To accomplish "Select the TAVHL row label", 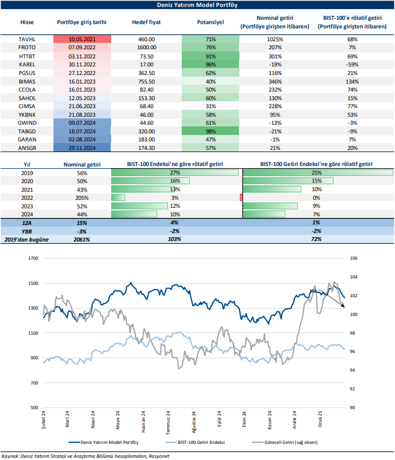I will pos(26,40).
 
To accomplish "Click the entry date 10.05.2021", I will pos(82,40).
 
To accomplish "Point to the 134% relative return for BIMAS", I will pos(352,81).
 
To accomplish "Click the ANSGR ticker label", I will pos(26,147).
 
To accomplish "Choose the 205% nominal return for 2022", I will pos(82,198).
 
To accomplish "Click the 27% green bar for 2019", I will pos(175,173).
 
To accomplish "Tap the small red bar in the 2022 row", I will pos(242,198).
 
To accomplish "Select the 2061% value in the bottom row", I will pos(82,239).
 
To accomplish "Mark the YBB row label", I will pos(26,231).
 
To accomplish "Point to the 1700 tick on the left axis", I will pos(33,258).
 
